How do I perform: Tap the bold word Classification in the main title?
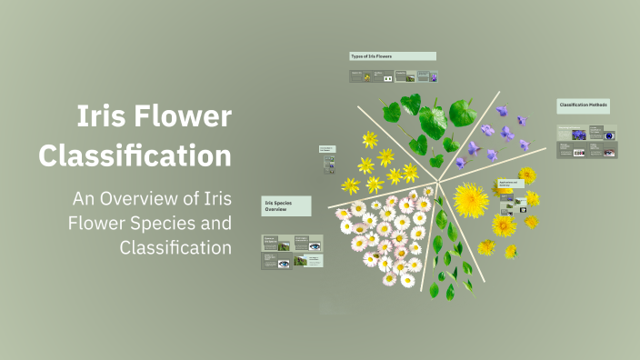[x=135, y=155]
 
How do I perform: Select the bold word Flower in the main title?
[x=186, y=116]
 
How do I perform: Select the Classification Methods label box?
[x=583, y=105]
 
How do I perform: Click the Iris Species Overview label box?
[x=286, y=205]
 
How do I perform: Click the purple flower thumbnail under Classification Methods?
[x=579, y=135]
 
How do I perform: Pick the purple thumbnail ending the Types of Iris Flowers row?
[x=433, y=77]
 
